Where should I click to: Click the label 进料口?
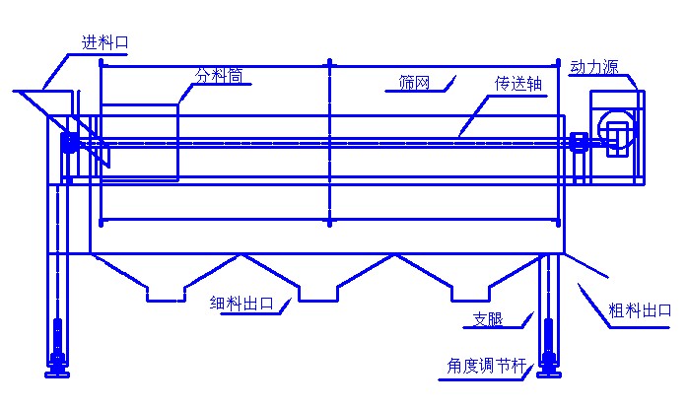[x=104, y=42]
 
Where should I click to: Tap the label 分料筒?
[x=219, y=76]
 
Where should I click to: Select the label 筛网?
[x=414, y=83]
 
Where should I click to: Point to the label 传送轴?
[x=518, y=84]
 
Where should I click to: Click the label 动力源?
[x=594, y=67]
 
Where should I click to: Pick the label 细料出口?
[x=241, y=303]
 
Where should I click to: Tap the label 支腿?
[x=488, y=319]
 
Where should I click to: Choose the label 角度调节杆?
[x=486, y=365]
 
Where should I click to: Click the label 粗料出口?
[x=640, y=310]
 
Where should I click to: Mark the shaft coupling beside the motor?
[x=580, y=142]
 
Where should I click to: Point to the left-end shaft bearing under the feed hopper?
[x=69, y=142]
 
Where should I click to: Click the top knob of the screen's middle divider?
[x=329, y=62]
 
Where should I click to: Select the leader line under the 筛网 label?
[x=420, y=88]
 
